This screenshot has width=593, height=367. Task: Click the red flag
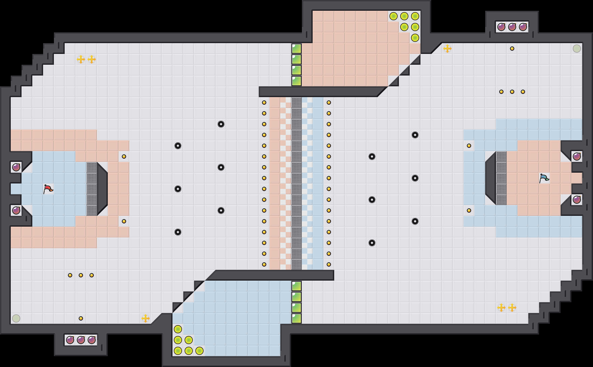tap(48, 189)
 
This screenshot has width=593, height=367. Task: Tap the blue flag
tap(544, 178)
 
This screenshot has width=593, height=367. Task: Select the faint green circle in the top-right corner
tap(577, 49)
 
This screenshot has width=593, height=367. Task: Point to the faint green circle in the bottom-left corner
tap(16, 318)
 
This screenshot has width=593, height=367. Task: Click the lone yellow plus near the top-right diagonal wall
tap(447, 49)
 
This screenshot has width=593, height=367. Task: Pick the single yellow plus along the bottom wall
tap(146, 318)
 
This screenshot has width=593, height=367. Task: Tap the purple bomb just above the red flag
tap(16, 167)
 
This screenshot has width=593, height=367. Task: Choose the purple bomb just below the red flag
tap(16, 210)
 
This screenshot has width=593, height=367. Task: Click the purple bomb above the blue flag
tap(577, 157)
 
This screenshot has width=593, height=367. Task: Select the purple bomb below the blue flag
tap(577, 200)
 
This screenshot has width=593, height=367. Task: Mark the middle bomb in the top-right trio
tap(512, 27)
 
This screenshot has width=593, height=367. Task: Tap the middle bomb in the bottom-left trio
tap(81, 340)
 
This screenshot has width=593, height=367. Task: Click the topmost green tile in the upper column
tap(296, 49)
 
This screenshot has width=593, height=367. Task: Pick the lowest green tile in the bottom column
tap(296, 318)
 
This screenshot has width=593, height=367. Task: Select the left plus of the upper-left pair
tap(81, 59)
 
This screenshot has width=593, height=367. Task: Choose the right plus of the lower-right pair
tap(512, 308)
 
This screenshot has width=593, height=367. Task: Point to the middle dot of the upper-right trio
tap(512, 92)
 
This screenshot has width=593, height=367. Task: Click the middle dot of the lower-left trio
tap(81, 275)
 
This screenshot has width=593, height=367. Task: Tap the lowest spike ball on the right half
tap(372, 243)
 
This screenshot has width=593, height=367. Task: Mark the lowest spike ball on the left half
tap(178, 232)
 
